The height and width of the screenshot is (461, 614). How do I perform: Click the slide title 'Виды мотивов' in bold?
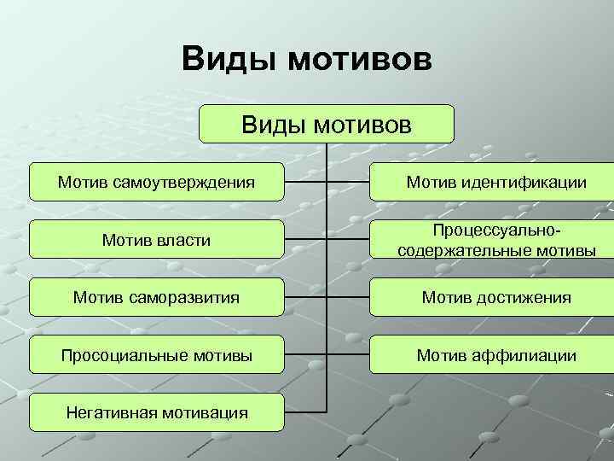[x=307, y=61]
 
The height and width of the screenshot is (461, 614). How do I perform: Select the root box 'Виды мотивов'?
[x=327, y=125]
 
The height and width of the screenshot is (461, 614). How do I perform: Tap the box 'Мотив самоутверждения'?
[x=156, y=182]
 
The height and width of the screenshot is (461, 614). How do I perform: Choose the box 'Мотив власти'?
[x=156, y=240]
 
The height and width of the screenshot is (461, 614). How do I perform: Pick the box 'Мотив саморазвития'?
[x=156, y=297]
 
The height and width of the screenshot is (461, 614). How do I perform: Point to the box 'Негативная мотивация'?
[x=156, y=413]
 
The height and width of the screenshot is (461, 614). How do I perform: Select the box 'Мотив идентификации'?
[x=495, y=182]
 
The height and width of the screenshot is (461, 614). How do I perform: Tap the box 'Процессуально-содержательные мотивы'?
[x=495, y=240]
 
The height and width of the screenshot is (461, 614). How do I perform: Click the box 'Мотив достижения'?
[x=495, y=297]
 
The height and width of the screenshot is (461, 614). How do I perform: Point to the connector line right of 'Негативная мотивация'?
[x=305, y=413]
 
